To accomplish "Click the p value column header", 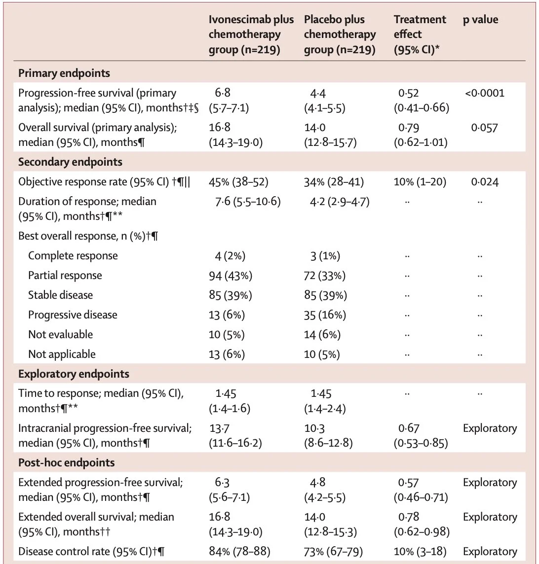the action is click(x=480, y=19).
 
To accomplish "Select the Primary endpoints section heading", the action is click(x=64, y=73).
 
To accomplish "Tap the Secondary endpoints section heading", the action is click(x=70, y=162).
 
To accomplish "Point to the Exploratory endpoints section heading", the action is click(x=74, y=374).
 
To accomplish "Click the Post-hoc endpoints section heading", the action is click(x=67, y=462).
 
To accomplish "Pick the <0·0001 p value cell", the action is click(x=485, y=93).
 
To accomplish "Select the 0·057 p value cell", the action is click(x=484, y=128).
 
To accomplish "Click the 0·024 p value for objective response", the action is click(x=485, y=181).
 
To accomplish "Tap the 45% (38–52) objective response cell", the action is click(x=238, y=181).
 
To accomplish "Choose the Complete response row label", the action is click(x=73, y=256).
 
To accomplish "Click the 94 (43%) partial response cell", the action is click(x=231, y=276).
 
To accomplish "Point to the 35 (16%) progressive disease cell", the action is click(x=325, y=315).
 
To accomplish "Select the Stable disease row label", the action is click(x=61, y=295).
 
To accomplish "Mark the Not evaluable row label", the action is click(x=61, y=335).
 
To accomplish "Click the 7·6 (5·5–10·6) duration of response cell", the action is click(x=248, y=202).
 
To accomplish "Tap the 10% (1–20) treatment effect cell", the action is click(x=420, y=181).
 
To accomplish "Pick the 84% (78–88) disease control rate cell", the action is click(x=239, y=551).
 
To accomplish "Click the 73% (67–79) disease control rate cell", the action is click(x=333, y=551).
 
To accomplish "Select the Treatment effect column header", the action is click(x=420, y=34).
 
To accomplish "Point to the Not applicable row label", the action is click(x=62, y=354).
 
